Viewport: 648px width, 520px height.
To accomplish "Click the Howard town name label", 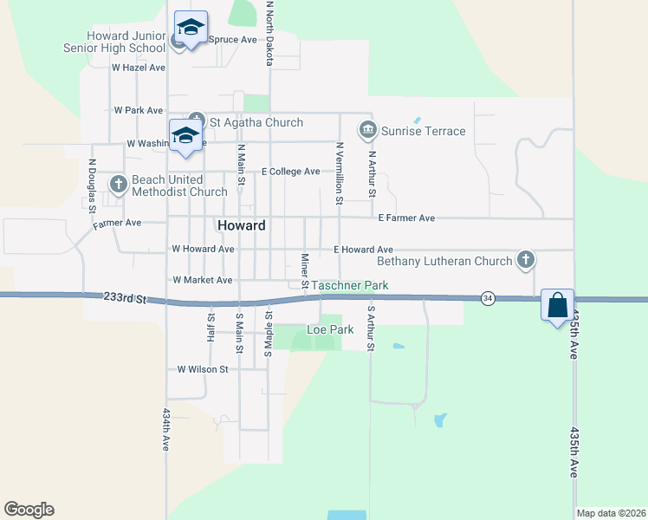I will [241, 225].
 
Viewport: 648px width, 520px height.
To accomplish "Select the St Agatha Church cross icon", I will [196, 122].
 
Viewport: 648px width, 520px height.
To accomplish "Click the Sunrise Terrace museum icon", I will [367, 131].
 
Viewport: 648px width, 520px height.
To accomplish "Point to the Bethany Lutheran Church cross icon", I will [525, 259].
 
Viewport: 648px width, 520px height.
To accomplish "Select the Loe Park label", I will [331, 329].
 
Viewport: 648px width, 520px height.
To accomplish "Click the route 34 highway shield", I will [489, 298].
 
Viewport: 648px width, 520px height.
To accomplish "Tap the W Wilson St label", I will [202, 369].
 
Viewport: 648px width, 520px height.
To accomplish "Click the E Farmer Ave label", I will [406, 218].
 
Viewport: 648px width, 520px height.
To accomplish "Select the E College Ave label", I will [291, 172].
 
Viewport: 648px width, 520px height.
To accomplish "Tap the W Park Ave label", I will [139, 111].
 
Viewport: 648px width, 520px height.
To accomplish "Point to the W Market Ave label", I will [203, 280].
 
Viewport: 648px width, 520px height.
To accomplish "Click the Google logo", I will [29, 510].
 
